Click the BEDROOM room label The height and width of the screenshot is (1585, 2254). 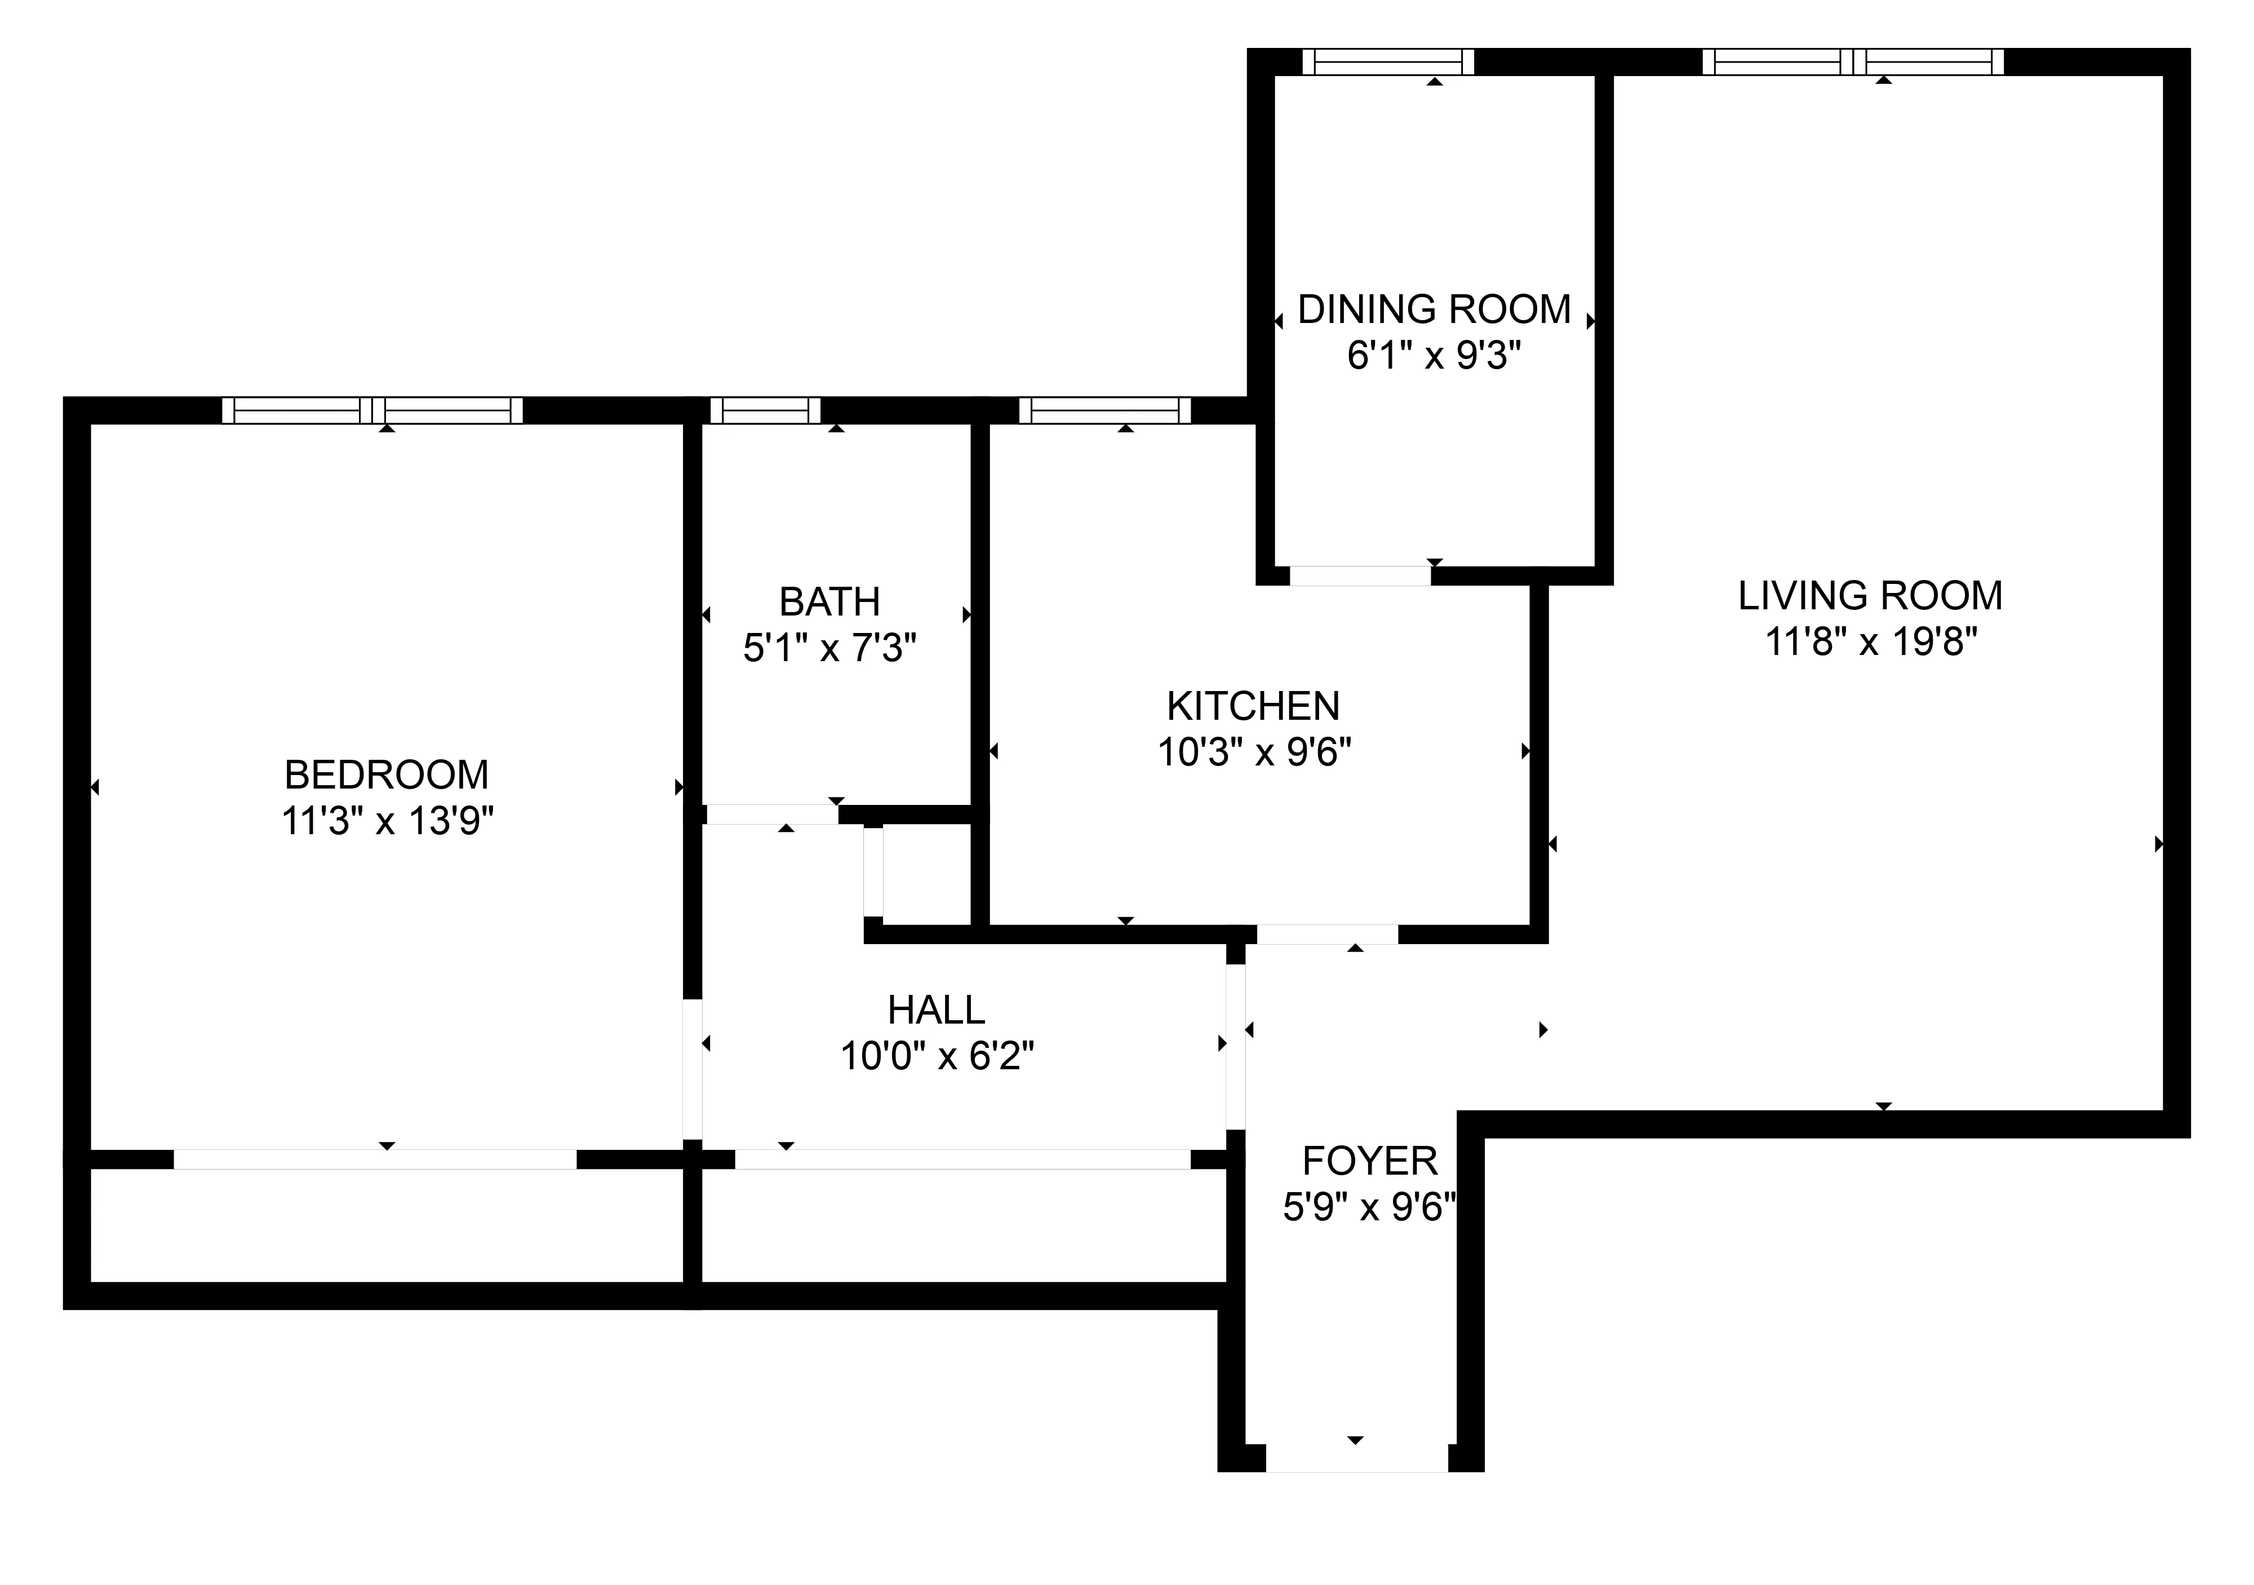386,775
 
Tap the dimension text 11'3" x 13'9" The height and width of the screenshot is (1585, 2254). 386,821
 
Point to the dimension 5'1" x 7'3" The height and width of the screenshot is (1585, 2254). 829,648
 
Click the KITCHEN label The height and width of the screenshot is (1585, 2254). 1254,707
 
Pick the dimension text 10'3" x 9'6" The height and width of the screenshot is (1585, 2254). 1254,753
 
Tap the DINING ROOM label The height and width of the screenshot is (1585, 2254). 1434,309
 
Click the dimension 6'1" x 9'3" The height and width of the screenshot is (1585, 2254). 1434,356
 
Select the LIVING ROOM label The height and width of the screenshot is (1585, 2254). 1870,596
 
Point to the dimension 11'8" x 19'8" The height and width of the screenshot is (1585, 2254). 1870,642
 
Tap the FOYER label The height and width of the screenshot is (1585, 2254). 1369,1162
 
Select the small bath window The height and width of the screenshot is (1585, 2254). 765,410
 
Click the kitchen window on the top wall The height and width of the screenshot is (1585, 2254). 1104,410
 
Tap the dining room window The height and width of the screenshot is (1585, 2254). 1388,62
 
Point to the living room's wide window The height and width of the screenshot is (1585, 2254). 1852,62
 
